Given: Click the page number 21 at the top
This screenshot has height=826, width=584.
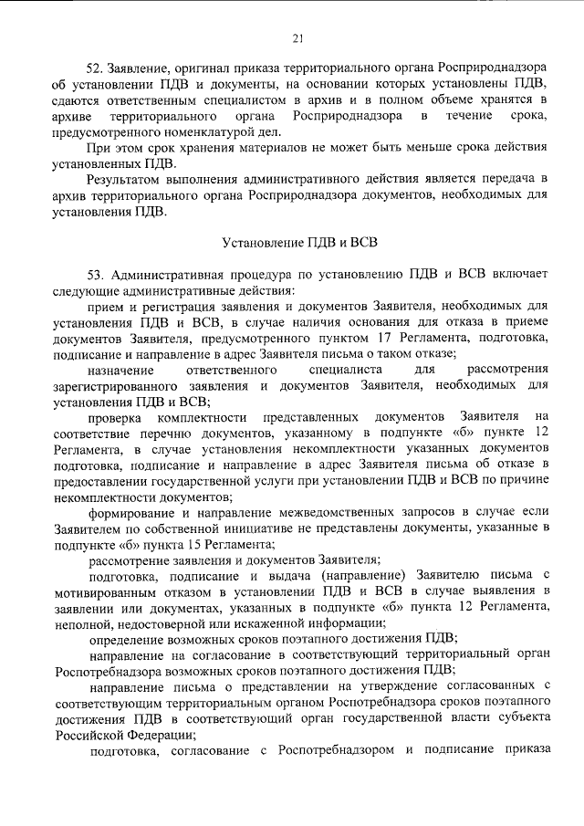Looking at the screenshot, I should (x=297, y=37).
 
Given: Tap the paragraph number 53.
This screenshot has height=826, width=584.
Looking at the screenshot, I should (x=95, y=275).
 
